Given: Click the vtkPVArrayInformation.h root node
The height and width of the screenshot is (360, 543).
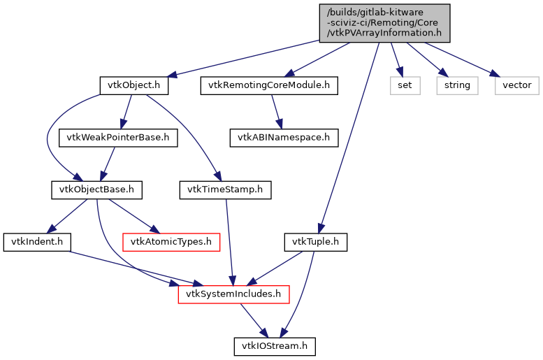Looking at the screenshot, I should (384, 22).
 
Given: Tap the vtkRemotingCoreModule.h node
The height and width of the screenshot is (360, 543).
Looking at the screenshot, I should (269, 86).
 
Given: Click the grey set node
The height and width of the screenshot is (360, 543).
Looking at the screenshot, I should (405, 86).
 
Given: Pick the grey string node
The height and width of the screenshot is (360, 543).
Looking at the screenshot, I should (458, 86).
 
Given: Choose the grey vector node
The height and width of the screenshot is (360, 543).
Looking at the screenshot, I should (518, 86).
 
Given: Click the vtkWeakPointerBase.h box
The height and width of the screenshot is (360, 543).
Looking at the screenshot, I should (117, 138).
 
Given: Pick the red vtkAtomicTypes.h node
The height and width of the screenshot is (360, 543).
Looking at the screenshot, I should (171, 243).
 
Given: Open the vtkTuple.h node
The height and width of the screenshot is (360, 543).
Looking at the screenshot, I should (315, 243).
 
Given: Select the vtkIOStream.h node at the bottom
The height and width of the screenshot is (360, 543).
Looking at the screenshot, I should (274, 346).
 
